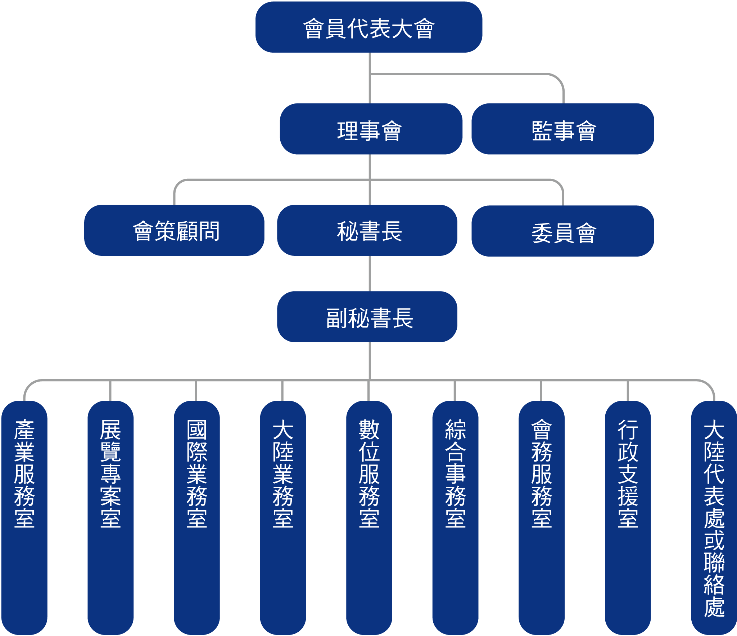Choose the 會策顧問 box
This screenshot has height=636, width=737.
point(174,231)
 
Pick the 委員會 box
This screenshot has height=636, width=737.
point(562,231)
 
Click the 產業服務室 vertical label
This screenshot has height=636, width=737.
point(24,473)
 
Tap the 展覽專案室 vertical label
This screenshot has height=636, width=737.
point(110,473)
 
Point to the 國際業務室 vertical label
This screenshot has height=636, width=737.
point(197,473)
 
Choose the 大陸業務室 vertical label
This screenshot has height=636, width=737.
point(283,473)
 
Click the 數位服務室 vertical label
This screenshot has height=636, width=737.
point(369,473)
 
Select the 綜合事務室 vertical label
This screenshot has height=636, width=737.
point(455,473)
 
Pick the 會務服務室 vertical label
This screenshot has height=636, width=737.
point(542,473)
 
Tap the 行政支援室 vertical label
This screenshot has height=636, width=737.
point(628,473)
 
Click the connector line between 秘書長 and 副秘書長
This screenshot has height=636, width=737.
point(370,274)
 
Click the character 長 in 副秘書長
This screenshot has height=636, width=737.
point(403,318)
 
